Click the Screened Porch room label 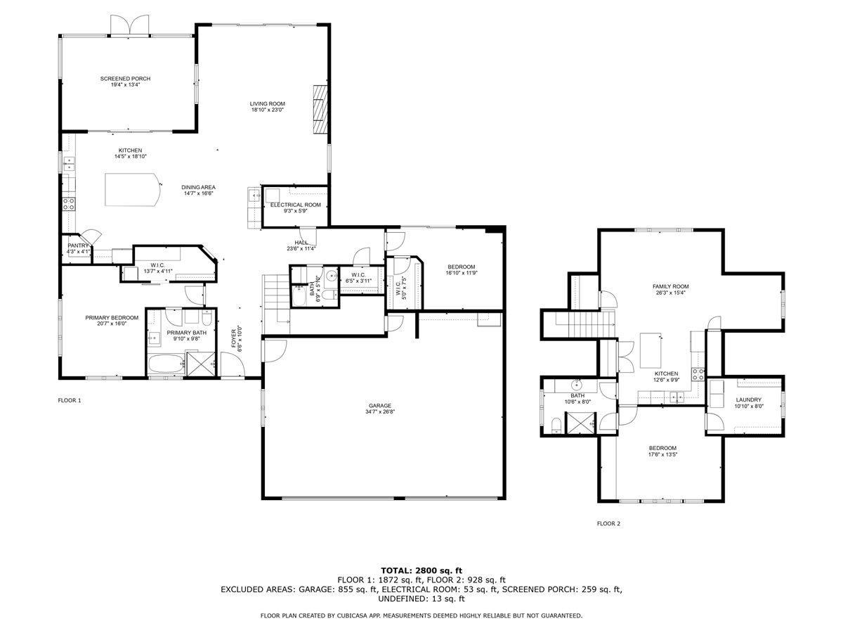pos(125,78)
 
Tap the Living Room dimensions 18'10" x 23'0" pos(268,110)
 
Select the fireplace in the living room pos(320,110)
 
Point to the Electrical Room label pos(295,205)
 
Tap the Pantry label pos(78,245)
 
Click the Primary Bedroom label pos(112,317)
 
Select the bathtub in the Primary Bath pos(166,364)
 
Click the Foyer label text pos(233,338)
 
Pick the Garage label pos(380,406)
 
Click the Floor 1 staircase pos(276,304)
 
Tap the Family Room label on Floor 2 pos(671,286)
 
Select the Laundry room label pos(749,399)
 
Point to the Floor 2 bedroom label pos(662,448)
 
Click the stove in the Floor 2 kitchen pos(698,374)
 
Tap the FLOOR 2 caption pos(608,523)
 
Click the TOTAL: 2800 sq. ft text pos(421,570)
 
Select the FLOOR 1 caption pos(70,400)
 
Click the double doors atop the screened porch pos(129,25)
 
